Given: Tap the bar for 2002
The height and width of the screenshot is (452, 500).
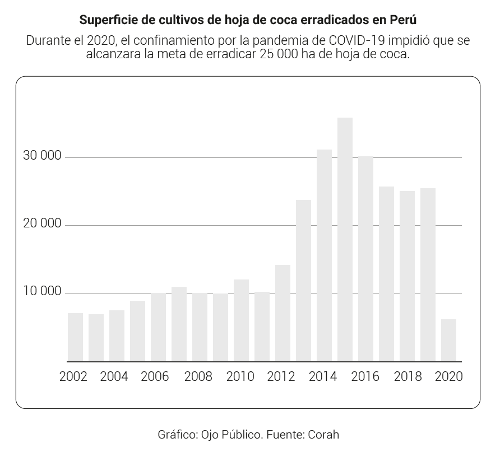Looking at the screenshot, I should [x=75, y=337].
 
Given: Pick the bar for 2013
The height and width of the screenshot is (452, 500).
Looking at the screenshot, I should [x=303, y=281].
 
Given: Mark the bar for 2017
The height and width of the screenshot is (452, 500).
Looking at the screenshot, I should [x=386, y=274].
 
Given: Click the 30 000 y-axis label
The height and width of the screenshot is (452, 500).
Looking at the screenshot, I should [x=42, y=156].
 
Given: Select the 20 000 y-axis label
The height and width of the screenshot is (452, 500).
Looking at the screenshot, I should [x=42, y=224].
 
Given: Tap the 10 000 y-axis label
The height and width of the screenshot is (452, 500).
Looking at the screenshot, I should [x=42, y=292].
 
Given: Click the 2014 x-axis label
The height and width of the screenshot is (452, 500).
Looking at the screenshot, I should [x=323, y=376].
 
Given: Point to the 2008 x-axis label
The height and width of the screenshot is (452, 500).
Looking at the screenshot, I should [x=198, y=376].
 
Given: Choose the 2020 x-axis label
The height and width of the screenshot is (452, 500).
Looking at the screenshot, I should [x=449, y=376].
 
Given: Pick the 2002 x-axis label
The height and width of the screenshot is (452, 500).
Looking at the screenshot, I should [x=73, y=376].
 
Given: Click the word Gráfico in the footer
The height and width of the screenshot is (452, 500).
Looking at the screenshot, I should [x=175, y=434].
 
